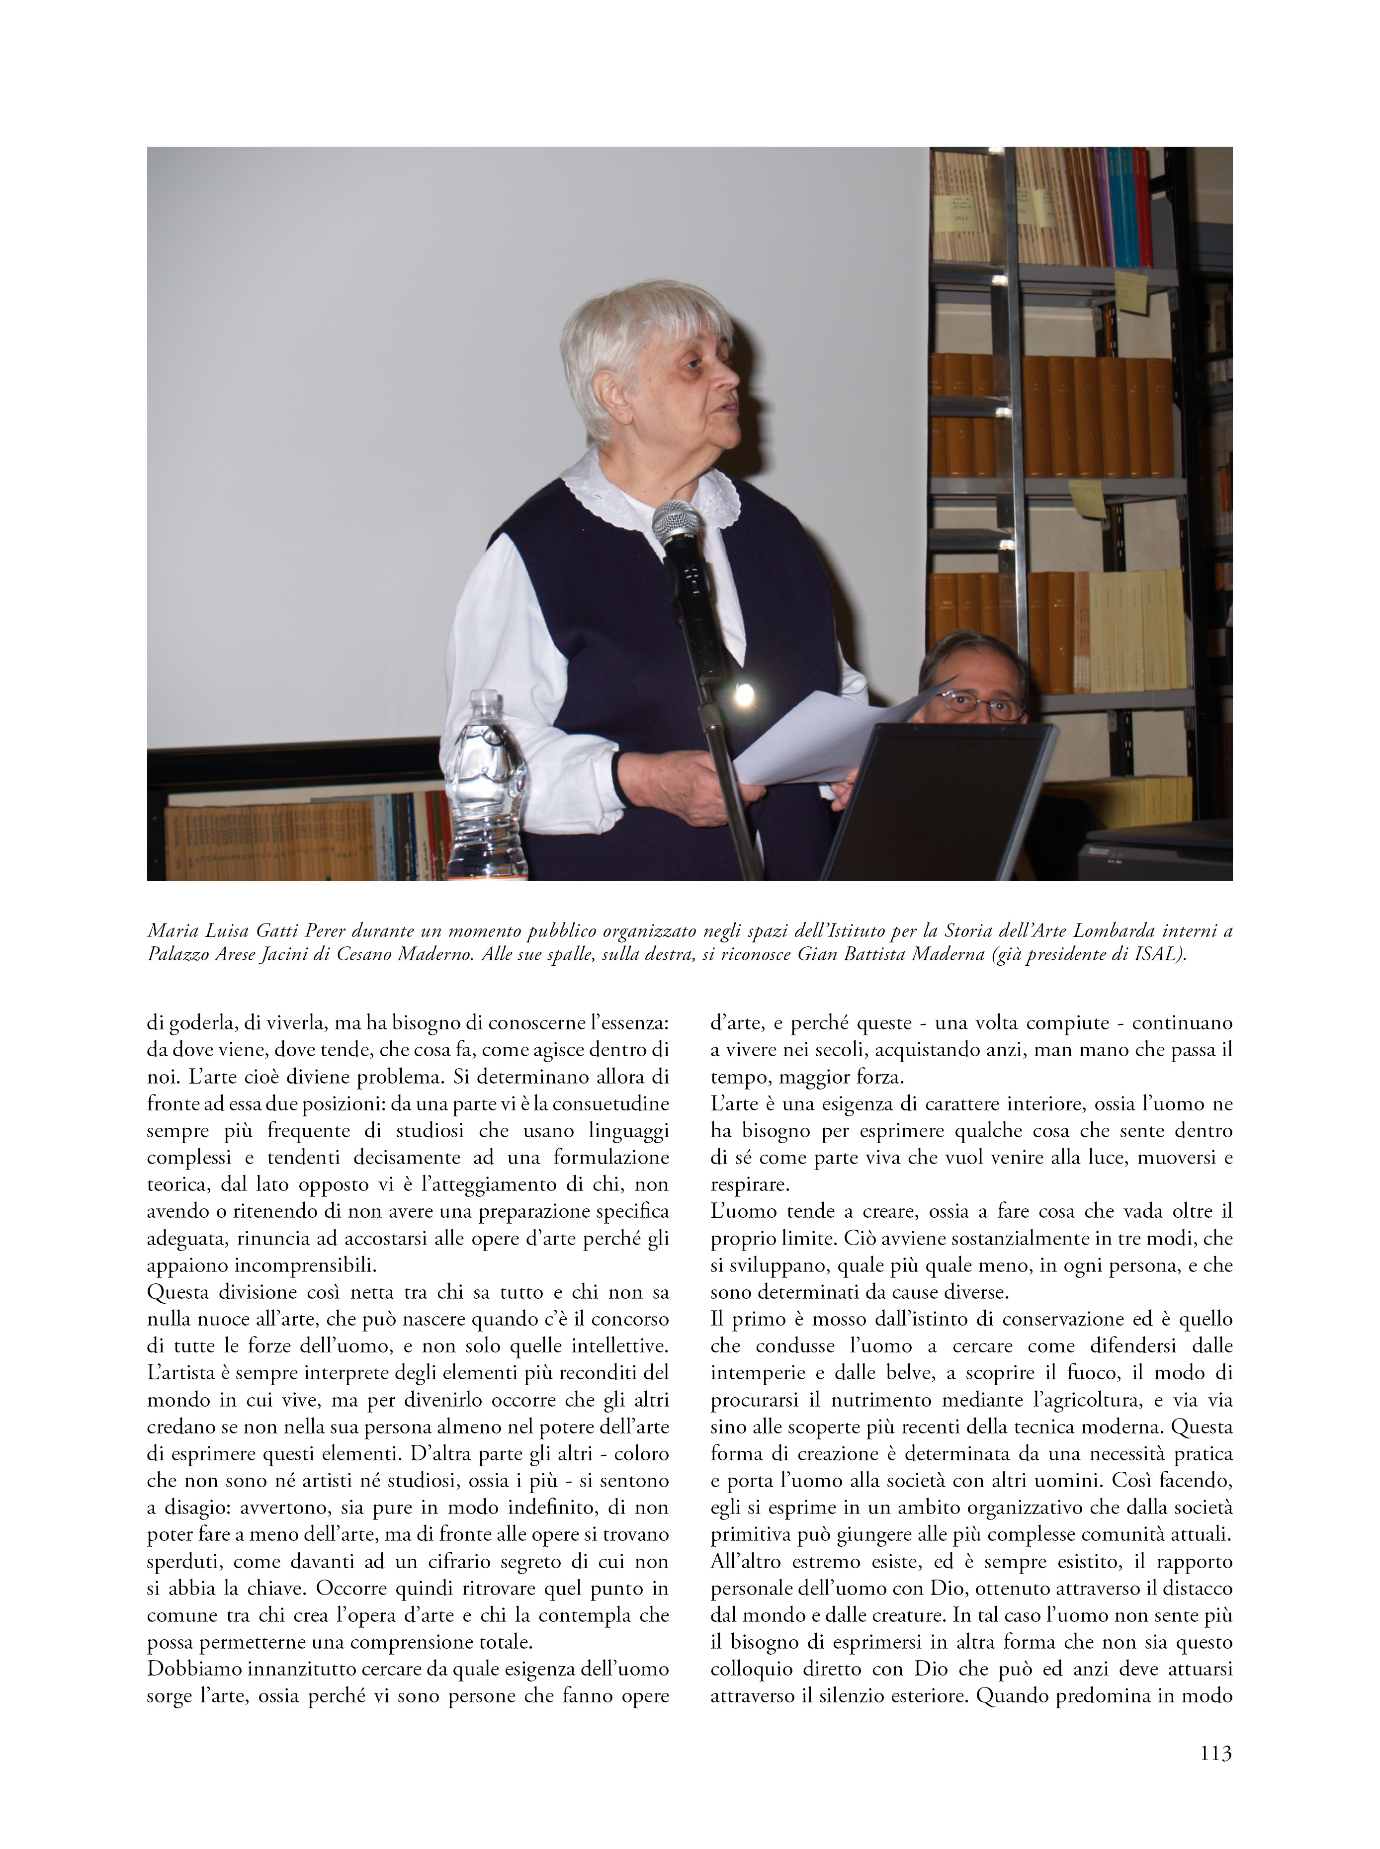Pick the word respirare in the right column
click(749, 1184)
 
